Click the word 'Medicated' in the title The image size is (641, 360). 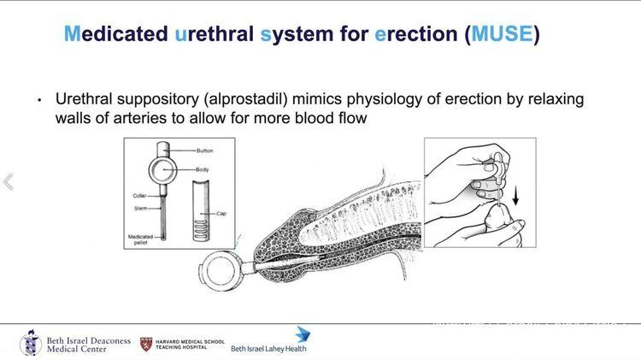pos(115,35)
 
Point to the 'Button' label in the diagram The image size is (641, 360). pos(204,150)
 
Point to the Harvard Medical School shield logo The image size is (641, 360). pos(146,344)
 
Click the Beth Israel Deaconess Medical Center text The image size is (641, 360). pos(88,345)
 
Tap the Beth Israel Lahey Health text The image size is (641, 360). pos(268,349)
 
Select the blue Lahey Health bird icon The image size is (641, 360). pos(302,334)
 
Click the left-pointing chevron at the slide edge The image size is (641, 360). pos(9,182)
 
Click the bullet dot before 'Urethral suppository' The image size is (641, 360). pos(38,101)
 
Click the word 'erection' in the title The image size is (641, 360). pos(418,35)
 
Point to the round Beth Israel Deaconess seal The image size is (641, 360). pos(31,344)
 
